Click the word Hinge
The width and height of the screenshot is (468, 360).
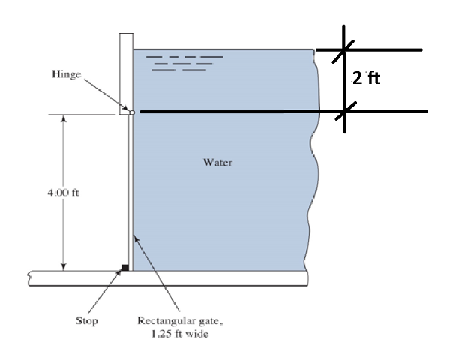click(66, 75)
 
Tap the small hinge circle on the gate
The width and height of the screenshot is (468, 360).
click(131, 112)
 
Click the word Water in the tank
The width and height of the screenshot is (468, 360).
click(217, 162)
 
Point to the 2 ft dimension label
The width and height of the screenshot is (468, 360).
click(367, 78)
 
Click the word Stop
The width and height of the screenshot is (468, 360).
click(86, 321)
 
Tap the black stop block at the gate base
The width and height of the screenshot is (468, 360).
click(125, 266)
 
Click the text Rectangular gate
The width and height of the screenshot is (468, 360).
click(181, 321)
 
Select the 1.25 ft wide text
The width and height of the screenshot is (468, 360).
click(180, 334)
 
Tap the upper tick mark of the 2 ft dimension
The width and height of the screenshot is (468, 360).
click(343, 50)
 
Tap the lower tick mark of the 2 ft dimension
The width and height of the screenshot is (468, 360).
click(345, 111)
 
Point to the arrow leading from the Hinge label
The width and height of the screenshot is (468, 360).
click(105, 94)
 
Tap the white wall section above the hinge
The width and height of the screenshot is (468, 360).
click(125, 71)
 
